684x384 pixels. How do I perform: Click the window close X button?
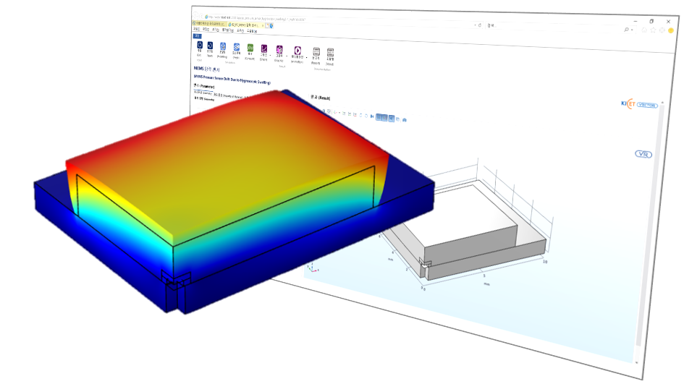[x=668, y=22]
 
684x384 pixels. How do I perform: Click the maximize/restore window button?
[x=651, y=22]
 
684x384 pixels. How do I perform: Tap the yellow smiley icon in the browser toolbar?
[x=671, y=30]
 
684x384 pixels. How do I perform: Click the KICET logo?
[x=627, y=104]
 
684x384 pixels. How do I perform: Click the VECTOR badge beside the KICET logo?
[x=647, y=105]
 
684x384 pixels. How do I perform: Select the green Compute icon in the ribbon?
[x=250, y=50]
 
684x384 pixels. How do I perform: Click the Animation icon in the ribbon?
[x=297, y=52]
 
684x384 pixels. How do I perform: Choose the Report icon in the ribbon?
[x=316, y=54]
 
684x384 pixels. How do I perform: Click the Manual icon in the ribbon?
[x=330, y=54]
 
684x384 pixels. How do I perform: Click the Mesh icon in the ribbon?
[x=236, y=49]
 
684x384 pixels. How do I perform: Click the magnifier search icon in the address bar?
[x=626, y=30]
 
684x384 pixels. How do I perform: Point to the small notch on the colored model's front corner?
[x=175, y=279]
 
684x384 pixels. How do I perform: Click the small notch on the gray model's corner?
[x=425, y=265]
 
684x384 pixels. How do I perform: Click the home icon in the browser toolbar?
[x=643, y=30]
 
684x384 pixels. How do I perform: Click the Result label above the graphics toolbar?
[x=319, y=96]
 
